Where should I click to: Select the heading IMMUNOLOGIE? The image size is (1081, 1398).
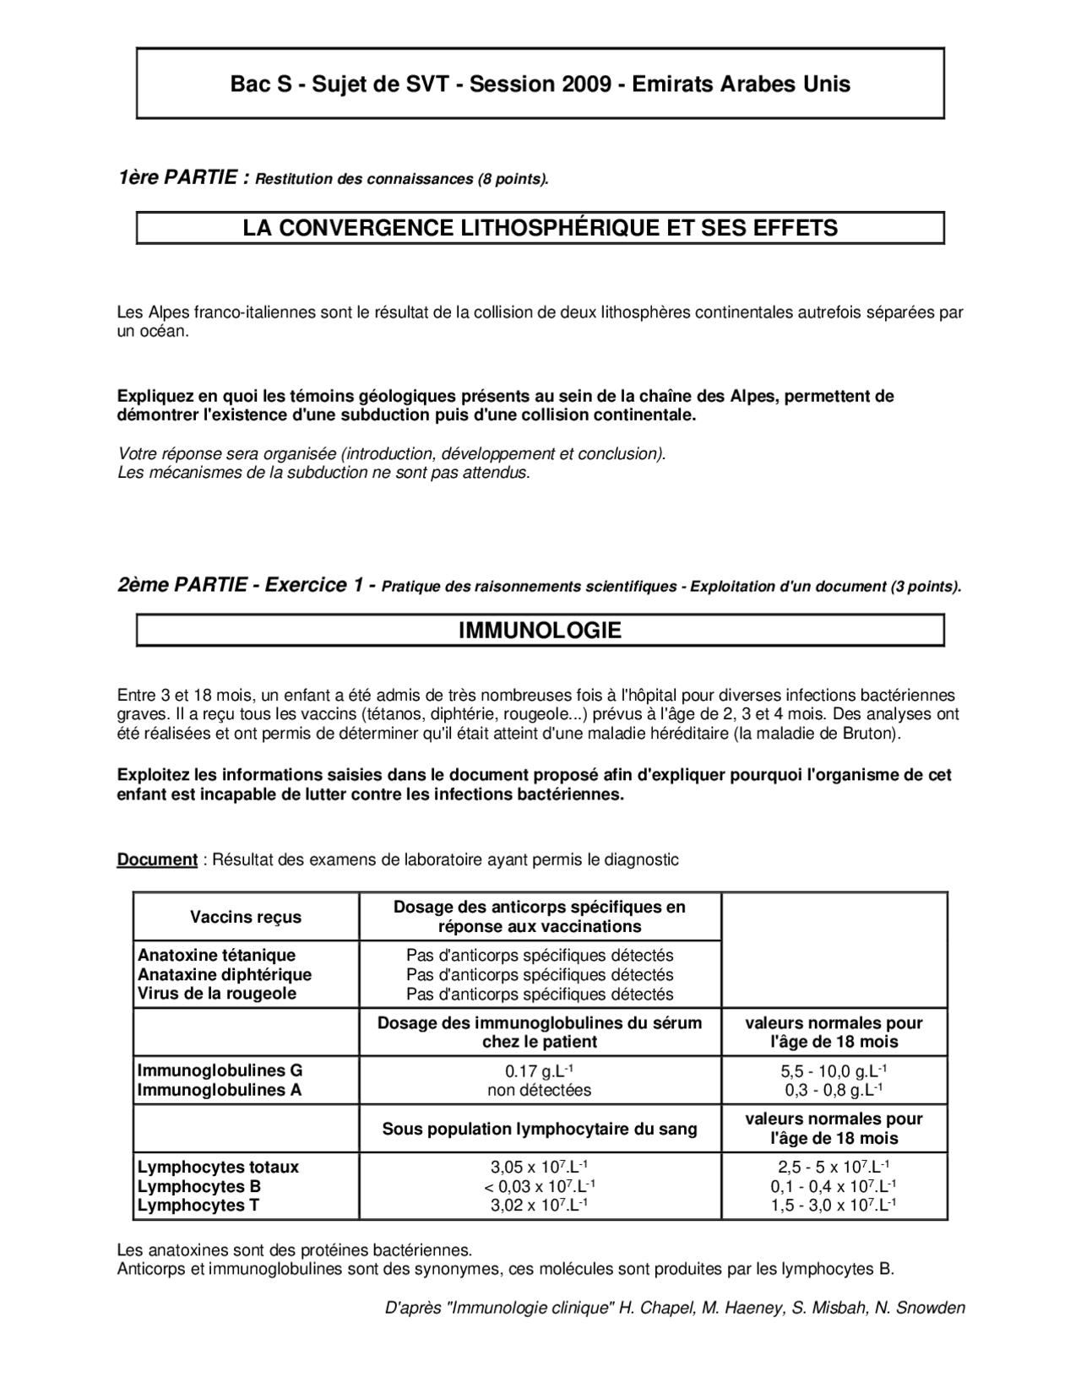(540, 631)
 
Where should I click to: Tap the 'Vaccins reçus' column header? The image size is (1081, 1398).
(245, 917)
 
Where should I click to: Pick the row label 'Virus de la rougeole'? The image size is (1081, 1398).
(217, 994)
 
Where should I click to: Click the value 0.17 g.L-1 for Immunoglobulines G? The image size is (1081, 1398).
(539, 1071)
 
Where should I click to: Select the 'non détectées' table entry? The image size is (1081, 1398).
(539, 1090)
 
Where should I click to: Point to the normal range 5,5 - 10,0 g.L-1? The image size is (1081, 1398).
(833, 1071)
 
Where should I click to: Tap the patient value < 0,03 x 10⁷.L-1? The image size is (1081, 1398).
(539, 1186)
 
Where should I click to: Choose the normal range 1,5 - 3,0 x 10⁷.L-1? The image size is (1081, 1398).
(833, 1206)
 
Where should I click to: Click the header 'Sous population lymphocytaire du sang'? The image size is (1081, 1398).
(539, 1129)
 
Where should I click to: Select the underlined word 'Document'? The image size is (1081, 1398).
(156, 860)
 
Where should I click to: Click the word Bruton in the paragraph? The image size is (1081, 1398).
(870, 734)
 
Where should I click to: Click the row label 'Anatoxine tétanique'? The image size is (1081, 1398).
(216, 956)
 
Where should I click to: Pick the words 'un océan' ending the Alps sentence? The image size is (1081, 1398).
(152, 332)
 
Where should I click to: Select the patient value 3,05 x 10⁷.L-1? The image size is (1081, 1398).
(539, 1168)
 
